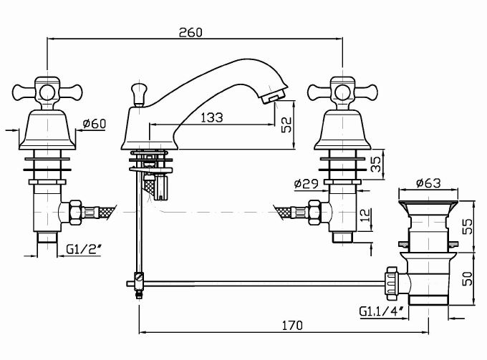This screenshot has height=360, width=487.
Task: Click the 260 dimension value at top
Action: click(191, 32)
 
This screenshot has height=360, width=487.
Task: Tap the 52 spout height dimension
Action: click(286, 125)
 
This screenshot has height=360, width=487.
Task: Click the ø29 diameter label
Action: click(306, 185)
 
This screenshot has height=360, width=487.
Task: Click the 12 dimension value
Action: click(366, 213)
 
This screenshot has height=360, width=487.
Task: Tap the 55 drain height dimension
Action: click(467, 227)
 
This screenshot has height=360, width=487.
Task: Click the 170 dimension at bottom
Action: click(291, 325)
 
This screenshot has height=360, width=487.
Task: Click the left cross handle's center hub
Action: click(47, 92)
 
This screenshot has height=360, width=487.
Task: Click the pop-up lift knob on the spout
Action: click(137, 90)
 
